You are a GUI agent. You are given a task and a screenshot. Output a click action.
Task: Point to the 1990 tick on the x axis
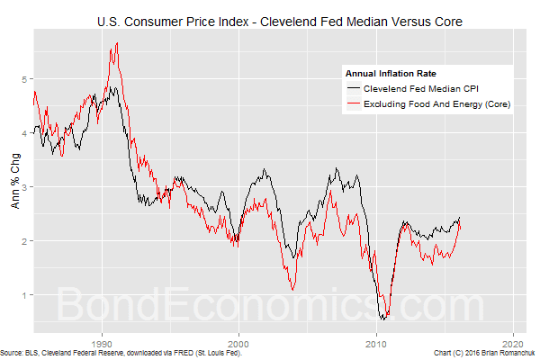[x=103, y=344]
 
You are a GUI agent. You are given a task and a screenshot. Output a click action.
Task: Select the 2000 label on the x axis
[x=238, y=344]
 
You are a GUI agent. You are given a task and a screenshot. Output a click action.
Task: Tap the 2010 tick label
[x=376, y=344]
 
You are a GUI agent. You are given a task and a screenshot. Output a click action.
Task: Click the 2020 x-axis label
[x=513, y=344]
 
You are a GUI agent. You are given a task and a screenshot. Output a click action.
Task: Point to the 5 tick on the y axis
[x=25, y=79]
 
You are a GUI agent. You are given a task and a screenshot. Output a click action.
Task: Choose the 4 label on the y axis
[x=25, y=133]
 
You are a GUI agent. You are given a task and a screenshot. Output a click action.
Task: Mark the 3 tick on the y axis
[x=25, y=187]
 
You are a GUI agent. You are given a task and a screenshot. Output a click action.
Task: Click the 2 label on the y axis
[x=25, y=241]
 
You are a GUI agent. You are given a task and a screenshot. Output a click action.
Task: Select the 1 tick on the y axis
[x=25, y=295]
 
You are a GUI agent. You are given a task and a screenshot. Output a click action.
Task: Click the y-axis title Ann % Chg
[x=12, y=186]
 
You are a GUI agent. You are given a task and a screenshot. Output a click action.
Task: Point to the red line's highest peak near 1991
[x=117, y=43]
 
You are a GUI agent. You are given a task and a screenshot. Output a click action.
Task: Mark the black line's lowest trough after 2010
[x=383, y=319]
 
